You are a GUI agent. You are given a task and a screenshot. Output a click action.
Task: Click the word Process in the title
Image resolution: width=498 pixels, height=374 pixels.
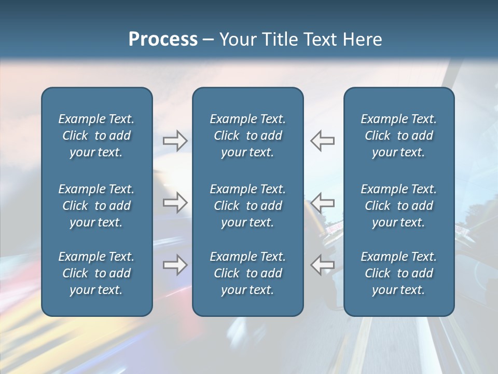[163, 39]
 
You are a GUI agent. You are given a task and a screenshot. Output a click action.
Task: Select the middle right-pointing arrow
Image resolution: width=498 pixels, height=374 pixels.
[175, 203]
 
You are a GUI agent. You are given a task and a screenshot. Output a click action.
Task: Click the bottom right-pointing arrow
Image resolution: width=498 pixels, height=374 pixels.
[175, 264]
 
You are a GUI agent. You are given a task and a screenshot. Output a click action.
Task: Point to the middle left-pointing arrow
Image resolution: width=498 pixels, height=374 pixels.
[322, 203]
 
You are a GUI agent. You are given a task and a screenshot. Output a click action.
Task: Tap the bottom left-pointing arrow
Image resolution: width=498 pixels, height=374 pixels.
[322, 264]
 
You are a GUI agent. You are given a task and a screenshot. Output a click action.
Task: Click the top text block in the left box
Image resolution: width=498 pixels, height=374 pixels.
[96, 136]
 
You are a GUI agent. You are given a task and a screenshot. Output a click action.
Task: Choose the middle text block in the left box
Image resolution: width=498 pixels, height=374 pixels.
[96, 206]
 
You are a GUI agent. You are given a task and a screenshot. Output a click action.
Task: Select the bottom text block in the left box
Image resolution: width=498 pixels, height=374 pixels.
[96, 273]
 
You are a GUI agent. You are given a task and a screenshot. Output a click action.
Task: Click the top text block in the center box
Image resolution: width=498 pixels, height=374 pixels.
[247, 136]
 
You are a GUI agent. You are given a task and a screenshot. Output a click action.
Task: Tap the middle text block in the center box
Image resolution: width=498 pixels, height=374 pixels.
[247, 206]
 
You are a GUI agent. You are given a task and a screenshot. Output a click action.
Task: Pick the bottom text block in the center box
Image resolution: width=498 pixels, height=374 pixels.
[247, 273]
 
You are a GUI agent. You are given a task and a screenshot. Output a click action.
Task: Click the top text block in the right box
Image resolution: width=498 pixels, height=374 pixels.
[398, 136]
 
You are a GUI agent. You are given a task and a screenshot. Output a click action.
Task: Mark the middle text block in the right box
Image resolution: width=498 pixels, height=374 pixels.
[398, 206]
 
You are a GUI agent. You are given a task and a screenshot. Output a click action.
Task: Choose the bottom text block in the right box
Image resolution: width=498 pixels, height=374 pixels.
[398, 273]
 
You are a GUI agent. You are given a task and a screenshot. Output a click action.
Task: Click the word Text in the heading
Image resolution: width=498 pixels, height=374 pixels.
[319, 39]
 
